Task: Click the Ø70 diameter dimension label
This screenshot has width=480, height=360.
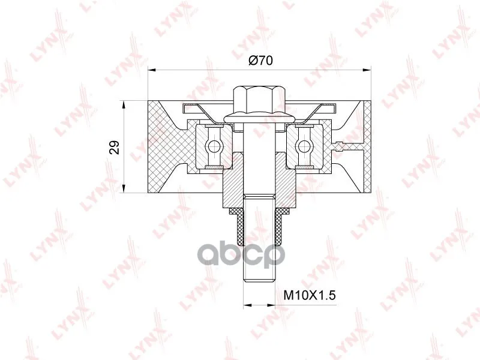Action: [260, 61]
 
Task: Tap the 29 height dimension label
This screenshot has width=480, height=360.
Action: [115, 147]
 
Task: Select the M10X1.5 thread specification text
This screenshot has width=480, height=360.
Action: [310, 295]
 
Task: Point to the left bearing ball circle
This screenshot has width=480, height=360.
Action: [212, 146]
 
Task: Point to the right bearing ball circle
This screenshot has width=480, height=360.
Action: [302, 146]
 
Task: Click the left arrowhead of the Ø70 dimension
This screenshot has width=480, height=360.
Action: [152, 70]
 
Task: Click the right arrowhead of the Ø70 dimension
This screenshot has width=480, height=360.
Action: [367, 70]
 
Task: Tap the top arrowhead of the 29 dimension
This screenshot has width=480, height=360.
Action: [124, 104]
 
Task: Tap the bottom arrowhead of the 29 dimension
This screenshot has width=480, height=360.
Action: [124, 188]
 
